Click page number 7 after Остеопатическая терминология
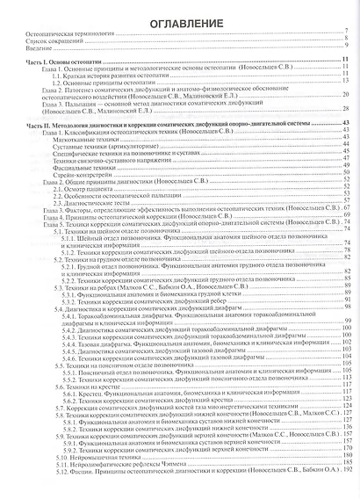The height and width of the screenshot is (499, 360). (348, 41)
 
